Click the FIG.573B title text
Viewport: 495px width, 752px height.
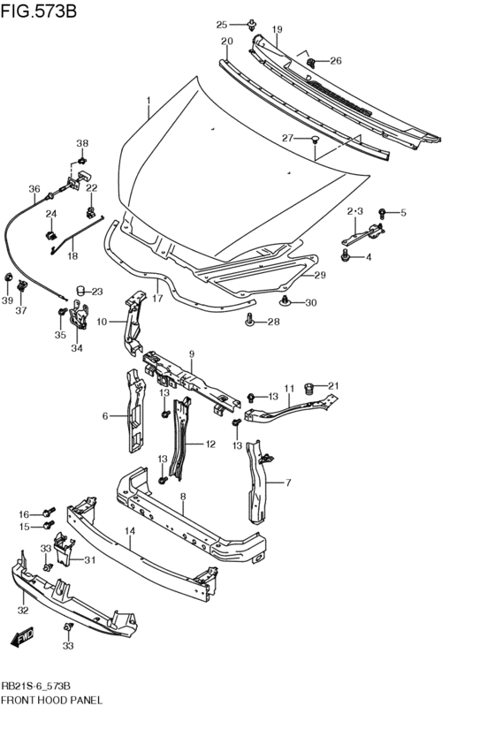39,11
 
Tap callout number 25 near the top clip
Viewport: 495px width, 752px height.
222,25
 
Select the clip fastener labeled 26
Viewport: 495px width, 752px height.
311,62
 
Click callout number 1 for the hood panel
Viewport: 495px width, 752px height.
148,101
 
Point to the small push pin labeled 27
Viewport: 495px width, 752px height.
316,140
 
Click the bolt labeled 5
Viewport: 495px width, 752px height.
382,212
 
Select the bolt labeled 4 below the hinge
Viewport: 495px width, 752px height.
345,255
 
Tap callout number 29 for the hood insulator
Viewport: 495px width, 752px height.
320,276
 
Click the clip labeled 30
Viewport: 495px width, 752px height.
286,301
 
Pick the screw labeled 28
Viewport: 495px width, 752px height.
250,319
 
